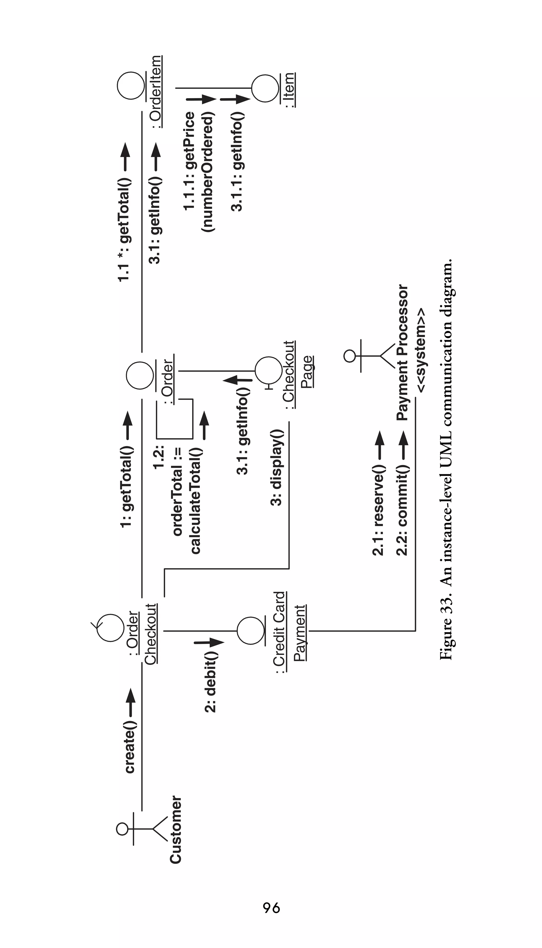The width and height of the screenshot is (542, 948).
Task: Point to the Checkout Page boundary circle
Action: pos(268,371)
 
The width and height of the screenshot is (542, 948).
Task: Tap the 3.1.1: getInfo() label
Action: pos(237,162)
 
